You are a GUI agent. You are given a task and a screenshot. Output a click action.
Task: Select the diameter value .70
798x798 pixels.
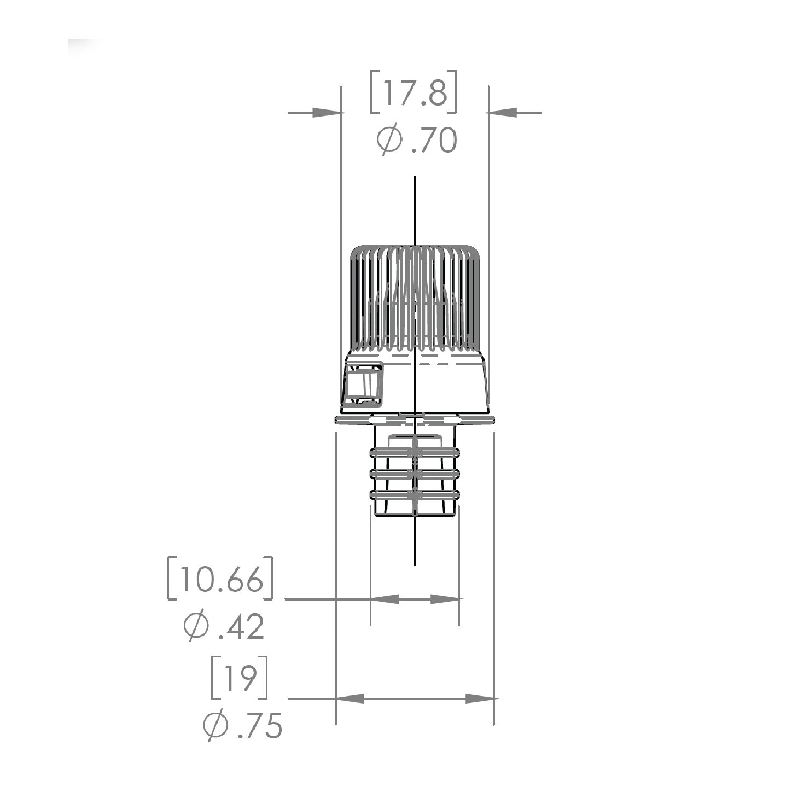[x=434, y=140]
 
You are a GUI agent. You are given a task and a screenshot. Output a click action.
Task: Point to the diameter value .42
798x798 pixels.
[x=242, y=627]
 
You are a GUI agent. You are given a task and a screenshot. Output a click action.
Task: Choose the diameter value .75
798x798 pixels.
[x=260, y=726]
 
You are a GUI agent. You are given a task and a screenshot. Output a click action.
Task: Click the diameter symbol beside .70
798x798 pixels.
[x=389, y=139]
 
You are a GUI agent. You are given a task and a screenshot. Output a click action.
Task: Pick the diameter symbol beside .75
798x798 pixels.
[x=215, y=725]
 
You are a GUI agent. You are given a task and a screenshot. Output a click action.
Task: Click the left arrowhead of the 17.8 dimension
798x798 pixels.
[x=327, y=113]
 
